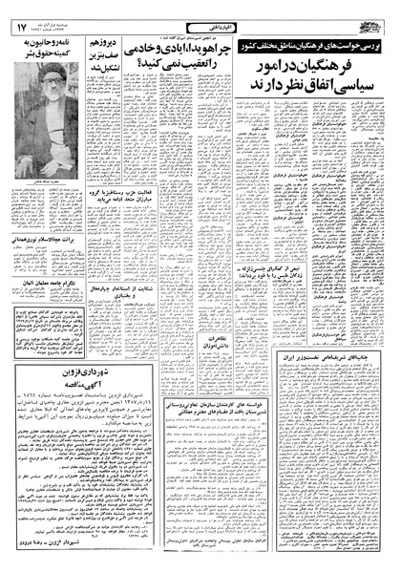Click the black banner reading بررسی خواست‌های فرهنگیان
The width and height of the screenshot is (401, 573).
pos(314,44)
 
